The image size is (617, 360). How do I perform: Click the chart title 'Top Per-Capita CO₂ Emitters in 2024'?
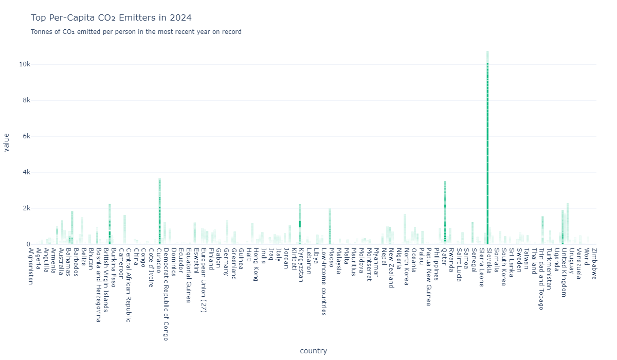(x=111, y=18)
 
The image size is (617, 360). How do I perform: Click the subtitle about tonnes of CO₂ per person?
(x=136, y=32)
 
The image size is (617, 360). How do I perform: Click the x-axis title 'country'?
(x=313, y=351)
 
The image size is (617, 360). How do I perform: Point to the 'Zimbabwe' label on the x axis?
(x=594, y=263)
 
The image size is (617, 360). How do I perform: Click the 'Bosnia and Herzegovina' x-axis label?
(x=98, y=285)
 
